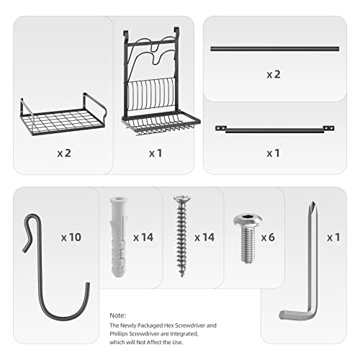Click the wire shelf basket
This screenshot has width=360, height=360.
coord(63,116)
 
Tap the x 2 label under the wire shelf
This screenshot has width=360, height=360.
coord(63,153)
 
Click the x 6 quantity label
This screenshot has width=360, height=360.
coord(269,237)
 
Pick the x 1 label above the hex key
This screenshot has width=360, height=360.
coord(333,237)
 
